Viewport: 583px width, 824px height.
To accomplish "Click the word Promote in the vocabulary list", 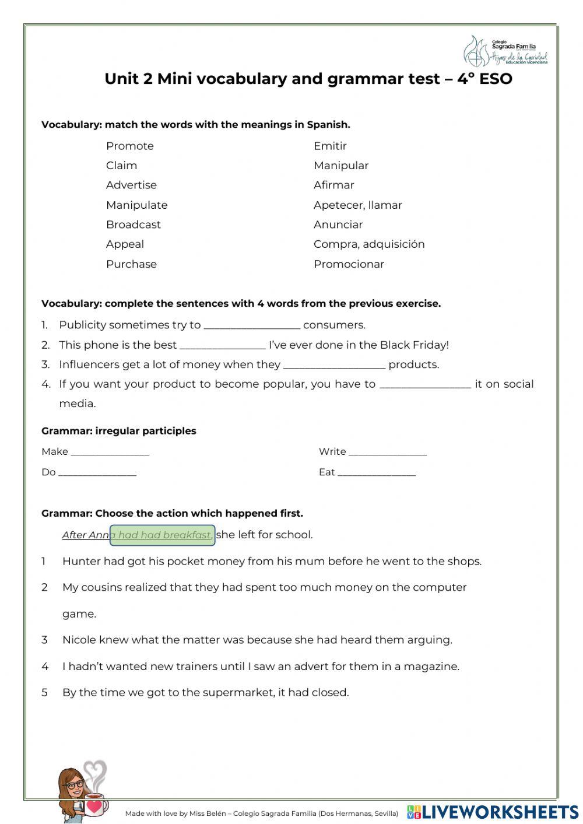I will point(130,146).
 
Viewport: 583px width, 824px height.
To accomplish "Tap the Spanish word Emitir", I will point(330,146).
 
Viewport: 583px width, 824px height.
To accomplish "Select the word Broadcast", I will point(134,225).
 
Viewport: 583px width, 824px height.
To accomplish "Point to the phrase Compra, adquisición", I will point(369,244).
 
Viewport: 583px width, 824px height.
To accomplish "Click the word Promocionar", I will point(349,264).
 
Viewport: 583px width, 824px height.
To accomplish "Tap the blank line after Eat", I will point(377,473).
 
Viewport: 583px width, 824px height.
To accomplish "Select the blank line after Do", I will point(97,473).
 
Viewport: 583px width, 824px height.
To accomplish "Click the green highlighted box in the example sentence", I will point(162,535).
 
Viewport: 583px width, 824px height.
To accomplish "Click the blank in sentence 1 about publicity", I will point(252,326).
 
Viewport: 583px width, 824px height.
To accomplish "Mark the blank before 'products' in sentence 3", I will point(334,366).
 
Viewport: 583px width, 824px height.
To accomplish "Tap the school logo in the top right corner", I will point(505,51).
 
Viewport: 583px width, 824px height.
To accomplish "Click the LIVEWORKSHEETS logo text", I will point(500,811).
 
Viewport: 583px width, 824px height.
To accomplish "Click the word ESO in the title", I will point(496,79).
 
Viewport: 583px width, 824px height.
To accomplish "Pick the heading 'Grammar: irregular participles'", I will point(119,431).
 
